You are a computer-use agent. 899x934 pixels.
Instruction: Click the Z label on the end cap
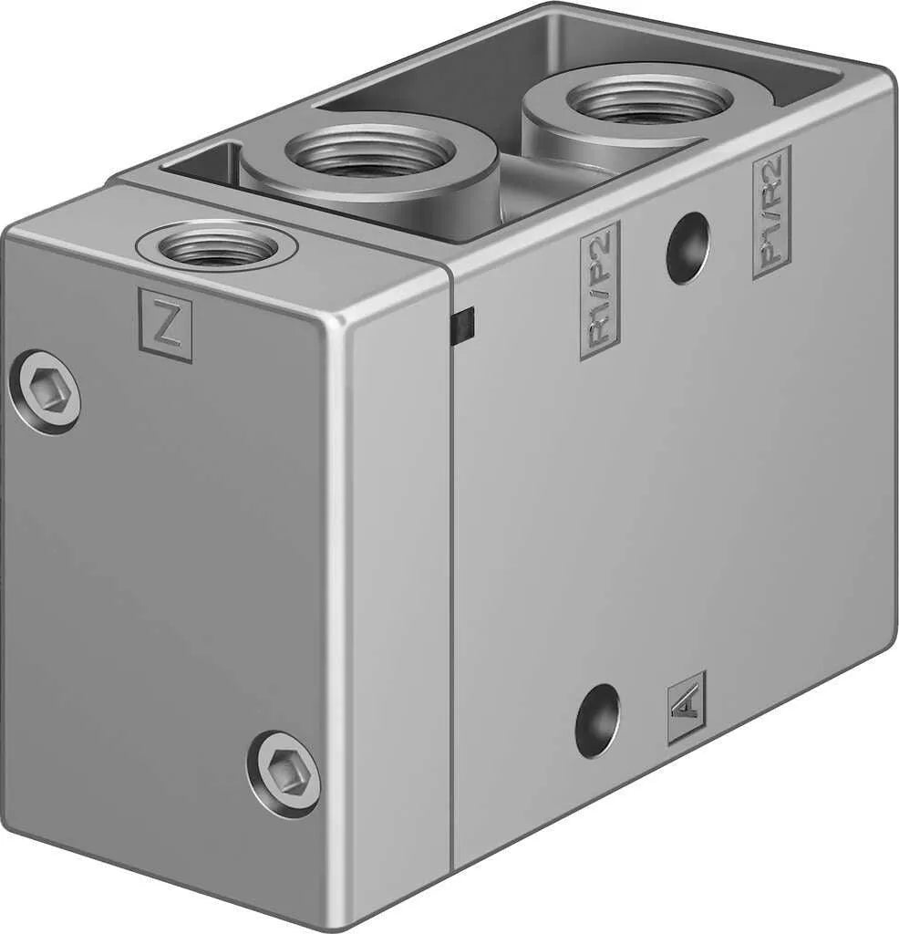click(165, 325)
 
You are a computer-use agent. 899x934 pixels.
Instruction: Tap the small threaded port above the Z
click(208, 245)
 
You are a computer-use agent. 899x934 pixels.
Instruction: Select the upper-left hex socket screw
click(45, 392)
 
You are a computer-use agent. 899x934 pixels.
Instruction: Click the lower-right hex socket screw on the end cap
click(284, 773)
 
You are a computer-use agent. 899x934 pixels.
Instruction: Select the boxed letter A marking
click(686, 708)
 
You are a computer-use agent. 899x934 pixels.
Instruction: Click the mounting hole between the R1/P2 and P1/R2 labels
click(687, 247)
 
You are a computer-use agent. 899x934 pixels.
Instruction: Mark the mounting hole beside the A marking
click(597, 720)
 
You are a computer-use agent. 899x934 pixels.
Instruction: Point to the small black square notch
click(465, 326)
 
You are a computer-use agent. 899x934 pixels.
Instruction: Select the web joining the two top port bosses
click(529, 178)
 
